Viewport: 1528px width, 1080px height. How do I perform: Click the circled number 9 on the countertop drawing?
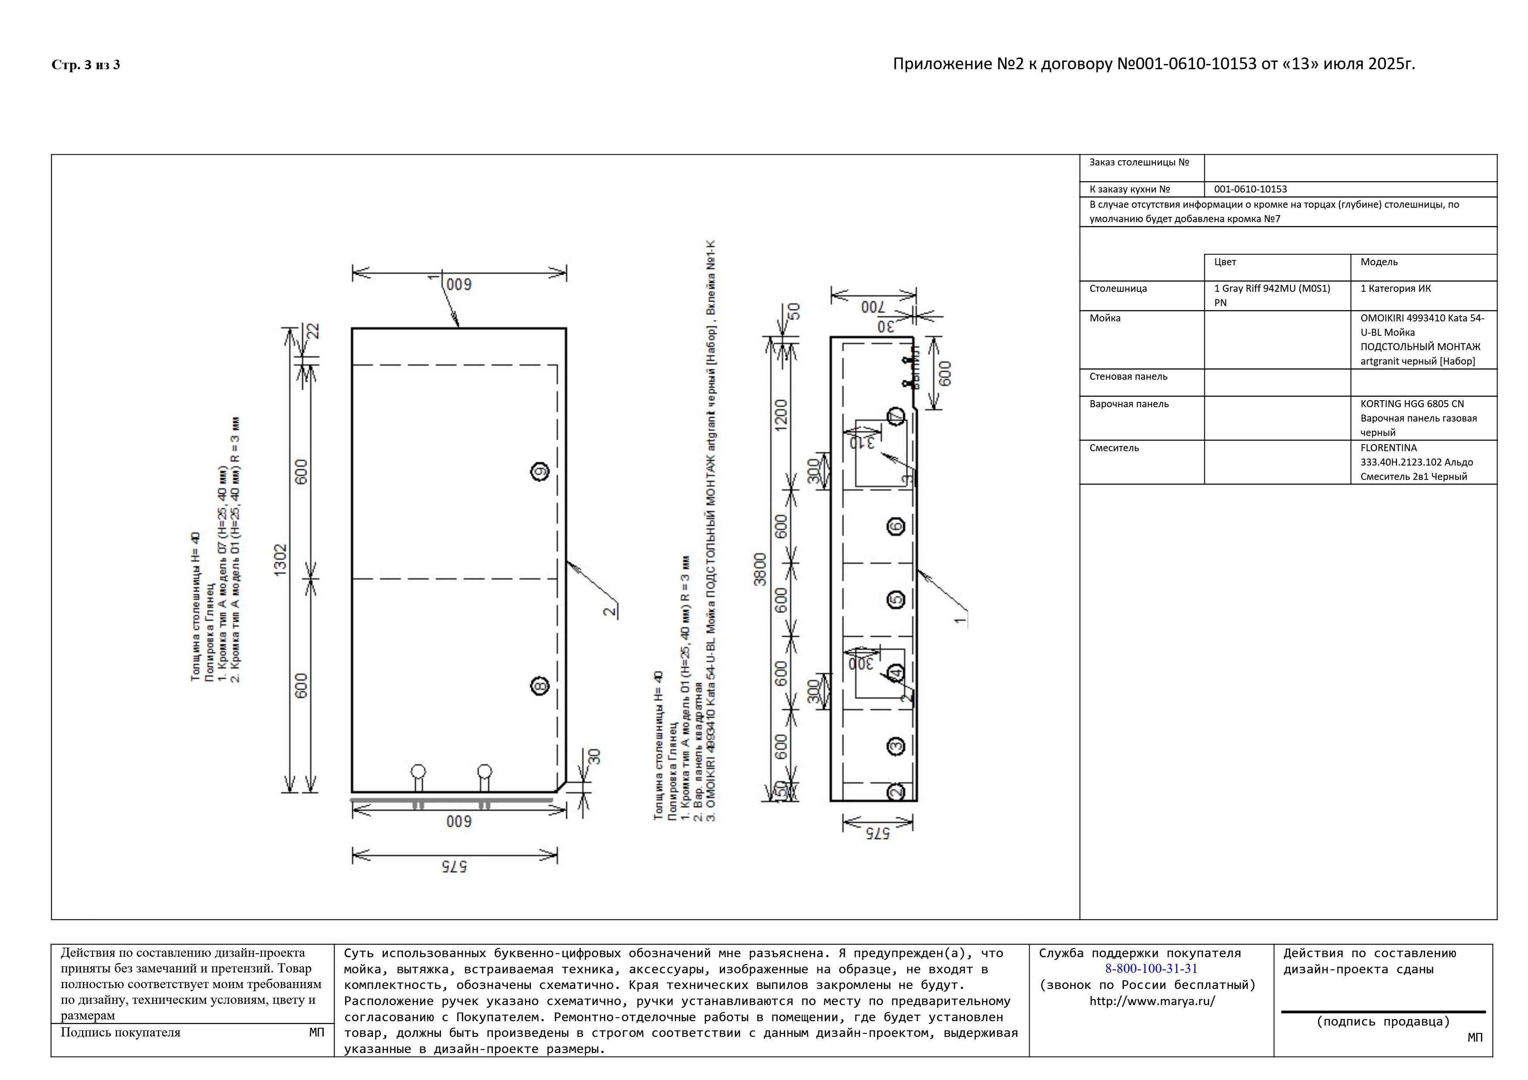pyautogui.click(x=540, y=472)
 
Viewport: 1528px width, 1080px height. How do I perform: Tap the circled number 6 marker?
pyautogui.click(x=896, y=526)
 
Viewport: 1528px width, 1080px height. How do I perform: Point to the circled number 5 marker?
pyautogui.click(x=896, y=600)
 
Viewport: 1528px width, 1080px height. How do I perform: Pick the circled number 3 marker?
pyautogui.click(x=896, y=746)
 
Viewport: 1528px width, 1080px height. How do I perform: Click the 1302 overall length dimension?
pyautogui.click(x=280, y=560)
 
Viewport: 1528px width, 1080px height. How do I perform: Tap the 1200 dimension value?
pyautogui.click(x=781, y=414)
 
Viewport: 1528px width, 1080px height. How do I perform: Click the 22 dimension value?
pyautogui.click(x=313, y=331)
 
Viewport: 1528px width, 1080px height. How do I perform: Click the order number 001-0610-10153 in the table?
pyautogui.click(x=1250, y=189)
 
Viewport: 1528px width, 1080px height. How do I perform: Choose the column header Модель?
pyautogui.click(x=1379, y=262)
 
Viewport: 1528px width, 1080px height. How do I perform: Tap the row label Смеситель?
pyautogui.click(x=1114, y=448)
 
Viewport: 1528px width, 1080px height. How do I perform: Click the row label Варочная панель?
pyautogui.click(x=1129, y=404)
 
